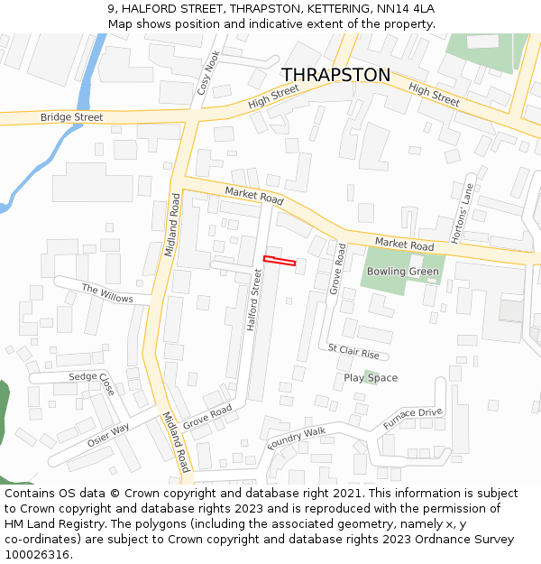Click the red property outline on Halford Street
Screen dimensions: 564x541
pyautogui.click(x=280, y=262)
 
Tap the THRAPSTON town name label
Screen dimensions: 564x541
pyautogui.click(x=336, y=75)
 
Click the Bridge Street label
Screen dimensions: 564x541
pyautogui.click(x=71, y=117)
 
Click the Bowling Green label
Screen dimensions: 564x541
pyautogui.click(x=402, y=272)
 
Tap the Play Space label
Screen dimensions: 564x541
pyautogui.click(x=371, y=378)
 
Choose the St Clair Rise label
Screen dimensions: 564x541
pyautogui.click(x=353, y=350)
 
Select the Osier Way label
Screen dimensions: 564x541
pyautogui.click(x=108, y=435)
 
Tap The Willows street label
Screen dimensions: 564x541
pyautogui.click(x=107, y=293)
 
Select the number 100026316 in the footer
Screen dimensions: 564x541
pyautogui.click(x=37, y=555)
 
